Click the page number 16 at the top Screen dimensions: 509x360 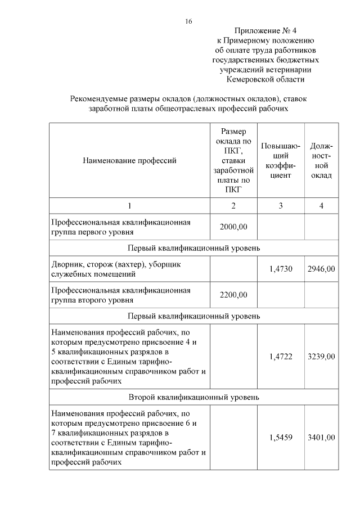pyautogui.click(x=188, y=21)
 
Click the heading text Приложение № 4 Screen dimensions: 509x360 pyautogui.click(x=265, y=31)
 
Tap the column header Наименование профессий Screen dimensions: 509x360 pyautogui.click(x=129, y=160)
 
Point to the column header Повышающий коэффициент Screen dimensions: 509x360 pyautogui.click(x=280, y=160)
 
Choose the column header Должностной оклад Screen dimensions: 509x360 pyautogui.click(x=321, y=160)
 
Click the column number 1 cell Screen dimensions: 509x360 pyautogui.click(x=129, y=206)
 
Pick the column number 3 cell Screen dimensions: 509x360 pyautogui.click(x=280, y=206)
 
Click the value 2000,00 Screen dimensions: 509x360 pyautogui.click(x=233, y=227)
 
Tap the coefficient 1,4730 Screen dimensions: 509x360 pyautogui.click(x=281, y=269)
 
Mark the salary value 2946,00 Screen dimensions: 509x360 pyautogui.click(x=321, y=269)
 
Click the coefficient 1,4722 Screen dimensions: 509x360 pyautogui.click(x=281, y=357)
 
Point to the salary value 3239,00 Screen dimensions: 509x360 pyautogui.click(x=321, y=357)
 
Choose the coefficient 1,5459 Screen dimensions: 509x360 pyautogui.click(x=281, y=438)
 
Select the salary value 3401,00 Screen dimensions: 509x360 pyautogui.click(x=321, y=438)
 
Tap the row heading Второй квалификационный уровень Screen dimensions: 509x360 pyautogui.click(x=194, y=397)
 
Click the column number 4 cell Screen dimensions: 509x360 pyautogui.click(x=321, y=206)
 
